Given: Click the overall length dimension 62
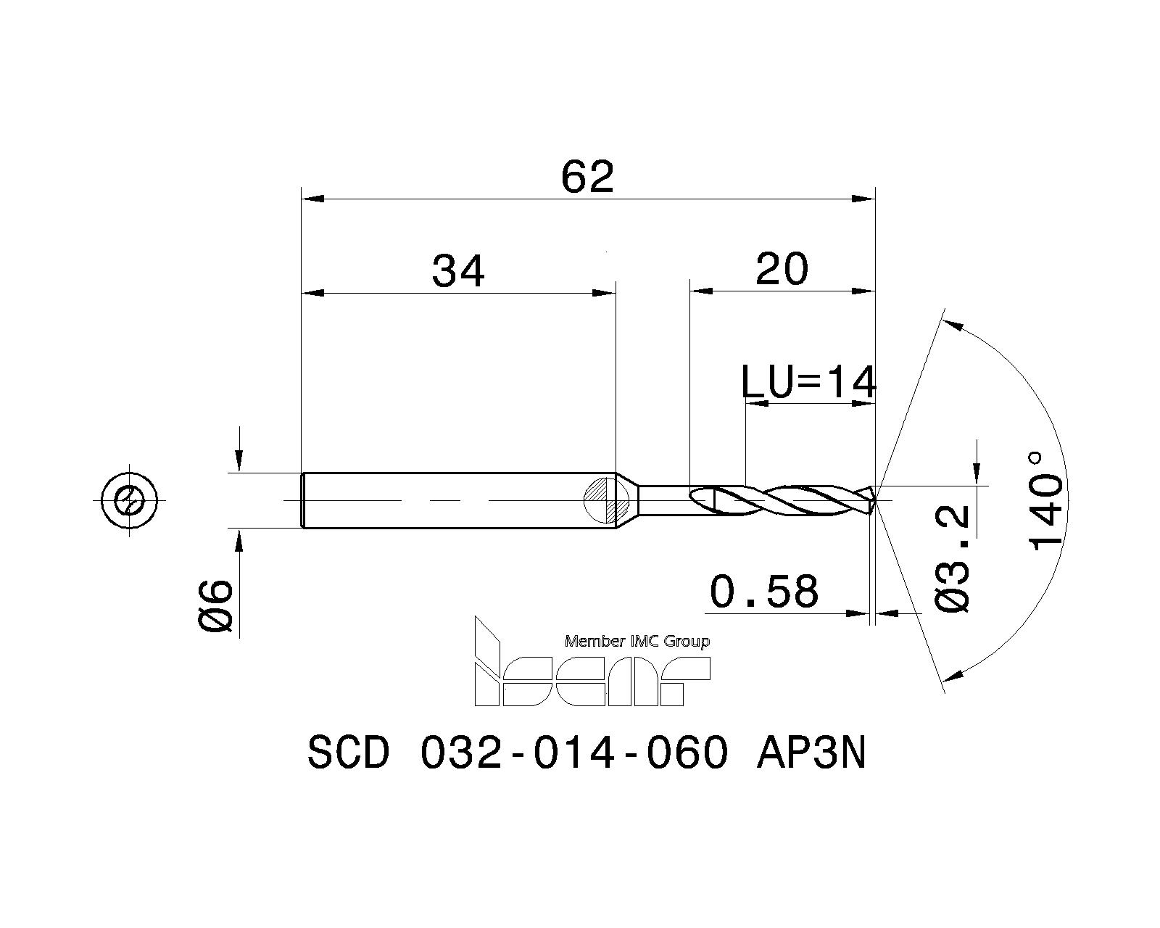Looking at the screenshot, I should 587,178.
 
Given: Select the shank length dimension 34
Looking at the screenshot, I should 458,273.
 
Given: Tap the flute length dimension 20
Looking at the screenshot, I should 781,270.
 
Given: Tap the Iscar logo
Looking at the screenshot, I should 591,674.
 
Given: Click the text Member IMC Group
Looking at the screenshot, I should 637,641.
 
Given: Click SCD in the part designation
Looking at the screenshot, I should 348,755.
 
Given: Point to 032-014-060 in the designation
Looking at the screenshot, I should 573,755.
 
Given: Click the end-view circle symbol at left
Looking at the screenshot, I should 130,500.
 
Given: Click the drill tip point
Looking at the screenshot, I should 875,500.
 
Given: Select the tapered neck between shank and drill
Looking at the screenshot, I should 628,500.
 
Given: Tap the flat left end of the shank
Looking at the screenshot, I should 302,500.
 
